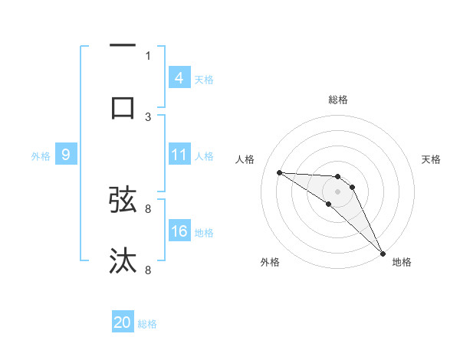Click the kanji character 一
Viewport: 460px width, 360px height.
click(x=123, y=47)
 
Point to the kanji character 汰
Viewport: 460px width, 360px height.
click(x=123, y=260)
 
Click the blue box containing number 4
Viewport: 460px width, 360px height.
click(x=179, y=77)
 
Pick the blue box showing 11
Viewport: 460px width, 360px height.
click(x=179, y=155)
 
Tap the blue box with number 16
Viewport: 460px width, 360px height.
click(x=179, y=231)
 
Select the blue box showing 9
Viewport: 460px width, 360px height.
click(x=66, y=155)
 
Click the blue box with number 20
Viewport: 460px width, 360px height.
click(x=123, y=322)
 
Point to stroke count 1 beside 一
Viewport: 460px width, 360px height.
click(x=148, y=55)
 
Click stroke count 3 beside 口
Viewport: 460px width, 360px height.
click(x=148, y=116)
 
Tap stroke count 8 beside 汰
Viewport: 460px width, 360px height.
click(x=148, y=270)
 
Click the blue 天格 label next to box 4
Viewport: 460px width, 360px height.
click(x=204, y=79)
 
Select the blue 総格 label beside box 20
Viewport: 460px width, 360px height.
click(x=148, y=324)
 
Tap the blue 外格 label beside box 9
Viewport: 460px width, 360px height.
click(x=41, y=156)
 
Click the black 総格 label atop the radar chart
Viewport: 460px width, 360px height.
click(x=338, y=100)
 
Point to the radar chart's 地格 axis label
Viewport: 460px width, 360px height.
click(x=402, y=263)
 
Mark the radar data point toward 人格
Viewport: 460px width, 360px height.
click(x=279, y=172)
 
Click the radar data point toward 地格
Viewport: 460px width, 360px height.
click(x=383, y=253)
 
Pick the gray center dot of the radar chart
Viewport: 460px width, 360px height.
click(x=338, y=191)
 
